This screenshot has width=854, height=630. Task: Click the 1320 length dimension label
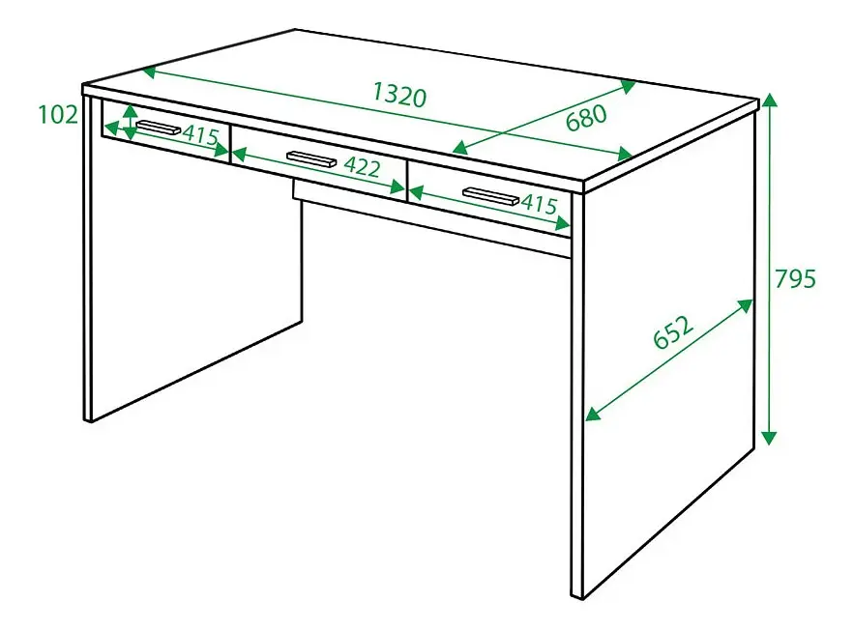coord(399,96)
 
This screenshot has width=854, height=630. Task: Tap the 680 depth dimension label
coord(586,118)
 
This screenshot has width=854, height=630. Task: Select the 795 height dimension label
coord(795,278)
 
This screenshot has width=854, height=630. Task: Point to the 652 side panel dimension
coord(674,331)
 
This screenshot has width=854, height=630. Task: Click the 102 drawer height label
coord(58,115)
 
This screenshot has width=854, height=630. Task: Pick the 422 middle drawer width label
coord(362,166)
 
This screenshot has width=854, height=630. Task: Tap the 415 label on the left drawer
coord(200,134)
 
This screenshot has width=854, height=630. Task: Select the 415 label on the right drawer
coord(540,204)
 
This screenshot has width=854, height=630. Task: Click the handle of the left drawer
coord(158,127)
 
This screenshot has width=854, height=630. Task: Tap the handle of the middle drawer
coord(311,158)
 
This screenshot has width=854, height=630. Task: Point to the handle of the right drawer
coord(490,196)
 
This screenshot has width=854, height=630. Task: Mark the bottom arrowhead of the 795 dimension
coord(769,438)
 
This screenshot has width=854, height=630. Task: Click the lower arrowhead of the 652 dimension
coord(593,414)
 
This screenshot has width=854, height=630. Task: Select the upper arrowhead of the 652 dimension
coord(745,306)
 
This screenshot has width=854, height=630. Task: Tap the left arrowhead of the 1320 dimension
coord(150,72)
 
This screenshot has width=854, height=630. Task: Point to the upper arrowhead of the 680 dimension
coord(628,86)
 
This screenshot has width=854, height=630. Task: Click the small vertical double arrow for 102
coord(130,123)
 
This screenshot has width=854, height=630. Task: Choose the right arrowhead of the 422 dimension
coord(398,187)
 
